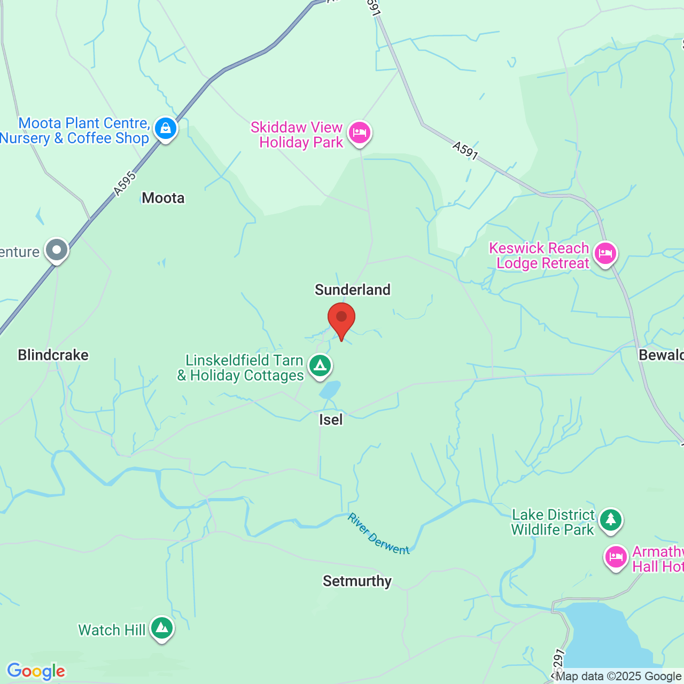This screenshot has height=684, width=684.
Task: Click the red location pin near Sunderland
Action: pyautogui.click(x=341, y=318)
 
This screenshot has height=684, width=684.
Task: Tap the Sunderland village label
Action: pyautogui.click(x=353, y=290)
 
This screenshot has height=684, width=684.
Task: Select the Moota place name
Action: pyautogui.click(x=163, y=198)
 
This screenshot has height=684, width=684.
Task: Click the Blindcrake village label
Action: pyautogui.click(x=53, y=355)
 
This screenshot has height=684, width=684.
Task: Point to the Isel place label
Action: pyautogui.click(x=331, y=419)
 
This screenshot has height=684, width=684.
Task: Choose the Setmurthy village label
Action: pyautogui.click(x=357, y=581)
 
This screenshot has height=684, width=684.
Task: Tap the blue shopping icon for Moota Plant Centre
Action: pyautogui.click(x=166, y=129)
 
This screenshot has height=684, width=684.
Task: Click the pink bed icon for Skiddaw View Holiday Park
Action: pyautogui.click(x=360, y=132)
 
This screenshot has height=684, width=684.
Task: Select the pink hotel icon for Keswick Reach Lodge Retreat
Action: pyautogui.click(x=605, y=253)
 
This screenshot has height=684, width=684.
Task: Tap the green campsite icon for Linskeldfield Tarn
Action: pyautogui.click(x=320, y=366)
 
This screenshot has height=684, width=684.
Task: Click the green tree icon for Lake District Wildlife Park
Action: pyautogui.click(x=610, y=519)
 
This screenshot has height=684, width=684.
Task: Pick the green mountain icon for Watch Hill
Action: pyautogui.click(x=161, y=628)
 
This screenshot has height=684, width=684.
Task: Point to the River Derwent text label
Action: pyautogui.click(x=378, y=534)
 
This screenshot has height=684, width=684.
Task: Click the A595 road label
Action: pyautogui.click(x=125, y=183)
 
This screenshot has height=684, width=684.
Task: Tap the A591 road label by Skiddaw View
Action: pyautogui.click(x=465, y=150)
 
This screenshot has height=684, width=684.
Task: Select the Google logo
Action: pyautogui.click(x=36, y=671)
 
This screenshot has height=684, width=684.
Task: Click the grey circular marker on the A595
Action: pyautogui.click(x=57, y=250)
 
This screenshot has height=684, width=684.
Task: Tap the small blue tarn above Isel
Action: pyautogui.click(x=330, y=390)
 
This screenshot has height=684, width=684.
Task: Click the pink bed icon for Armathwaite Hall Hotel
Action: pyautogui.click(x=616, y=557)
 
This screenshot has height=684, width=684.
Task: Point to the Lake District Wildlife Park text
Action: pyautogui.click(x=553, y=522)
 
